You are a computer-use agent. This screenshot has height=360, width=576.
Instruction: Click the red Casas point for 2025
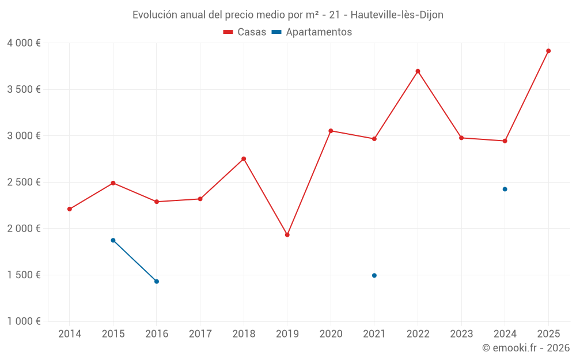coord(548,51)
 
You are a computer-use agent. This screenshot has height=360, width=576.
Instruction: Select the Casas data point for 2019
coord(287,234)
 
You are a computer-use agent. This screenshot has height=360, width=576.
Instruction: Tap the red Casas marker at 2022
coord(418,71)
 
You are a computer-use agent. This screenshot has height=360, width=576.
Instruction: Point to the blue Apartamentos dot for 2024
coord(505,189)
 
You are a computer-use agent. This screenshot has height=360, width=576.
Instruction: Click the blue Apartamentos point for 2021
coord(374,275)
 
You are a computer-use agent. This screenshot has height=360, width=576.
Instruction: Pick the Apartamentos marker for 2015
coord(113,240)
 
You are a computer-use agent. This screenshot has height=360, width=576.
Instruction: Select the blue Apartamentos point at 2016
coord(157,281)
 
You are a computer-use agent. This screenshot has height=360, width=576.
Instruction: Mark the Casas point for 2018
coord(244,158)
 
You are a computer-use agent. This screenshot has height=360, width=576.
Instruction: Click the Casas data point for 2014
coord(70,209)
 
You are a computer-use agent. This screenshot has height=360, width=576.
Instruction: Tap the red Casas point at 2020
coord(331,131)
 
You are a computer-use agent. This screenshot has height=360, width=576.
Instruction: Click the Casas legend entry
coord(245,32)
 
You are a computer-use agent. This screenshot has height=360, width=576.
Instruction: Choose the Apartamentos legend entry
coord(312,32)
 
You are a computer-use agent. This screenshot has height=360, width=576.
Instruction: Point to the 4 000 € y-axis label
coord(24,43)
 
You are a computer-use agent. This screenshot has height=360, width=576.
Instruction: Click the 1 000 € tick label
coord(24,321)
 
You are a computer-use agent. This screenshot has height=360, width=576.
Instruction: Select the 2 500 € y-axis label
coord(24,182)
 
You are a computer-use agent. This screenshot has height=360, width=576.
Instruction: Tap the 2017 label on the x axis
coord(200,334)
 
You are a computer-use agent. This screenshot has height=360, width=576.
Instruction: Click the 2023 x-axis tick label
coord(461,334)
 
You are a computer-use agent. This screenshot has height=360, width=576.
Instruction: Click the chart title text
coord(288,15)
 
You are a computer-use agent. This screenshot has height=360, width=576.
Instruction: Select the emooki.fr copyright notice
coord(525,348)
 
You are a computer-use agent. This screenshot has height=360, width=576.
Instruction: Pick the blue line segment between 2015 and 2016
coord(135,261)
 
